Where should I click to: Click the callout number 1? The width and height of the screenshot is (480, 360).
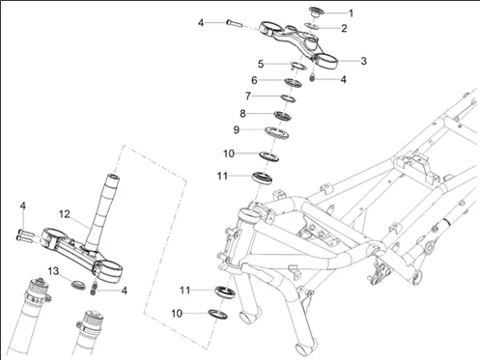(x=352, y=14)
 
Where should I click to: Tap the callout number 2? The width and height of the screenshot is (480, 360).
(x=344, y=28)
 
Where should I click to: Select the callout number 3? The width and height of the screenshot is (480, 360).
(x=363, y=61)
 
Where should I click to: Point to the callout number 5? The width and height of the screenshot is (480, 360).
(x=261, y=64)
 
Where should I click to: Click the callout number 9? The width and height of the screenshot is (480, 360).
(x=237, y=130)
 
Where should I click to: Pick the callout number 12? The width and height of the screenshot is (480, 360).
(x=65, y=214)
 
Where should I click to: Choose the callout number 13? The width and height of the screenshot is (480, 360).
(x=53, y=271)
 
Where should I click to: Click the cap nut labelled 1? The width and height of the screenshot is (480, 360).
(x=315, y=12)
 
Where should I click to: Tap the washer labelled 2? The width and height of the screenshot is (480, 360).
(x=312, y=26)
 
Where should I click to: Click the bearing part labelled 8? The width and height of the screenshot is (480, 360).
(x=282, y=116)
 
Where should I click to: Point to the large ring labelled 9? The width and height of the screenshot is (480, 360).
(x=276, y=133)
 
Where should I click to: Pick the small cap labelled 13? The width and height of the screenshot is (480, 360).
(x=77, y=285)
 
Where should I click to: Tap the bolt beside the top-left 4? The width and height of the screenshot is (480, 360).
(x=234, y=23)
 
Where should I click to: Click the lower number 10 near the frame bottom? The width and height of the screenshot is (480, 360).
(x=177, y=314)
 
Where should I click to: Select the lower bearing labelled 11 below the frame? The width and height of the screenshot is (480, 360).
(x=225, y=292)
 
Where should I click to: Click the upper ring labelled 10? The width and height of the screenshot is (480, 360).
(x=268, y=156)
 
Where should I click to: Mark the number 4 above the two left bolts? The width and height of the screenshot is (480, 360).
(x=22, y=206)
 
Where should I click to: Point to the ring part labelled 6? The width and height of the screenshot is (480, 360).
(x=293, y=83)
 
